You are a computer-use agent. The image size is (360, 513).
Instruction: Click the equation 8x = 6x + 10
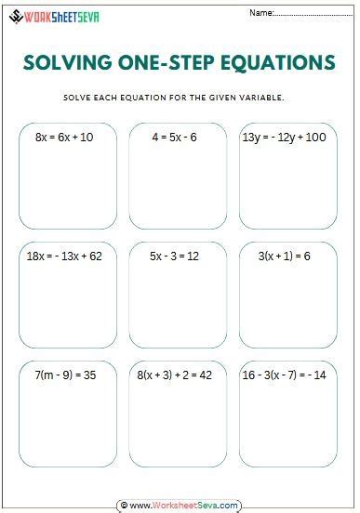pyautogui.click(x=64, y=138)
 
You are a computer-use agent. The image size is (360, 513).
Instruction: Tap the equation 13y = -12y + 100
pyautogui.click(x=284, y=138)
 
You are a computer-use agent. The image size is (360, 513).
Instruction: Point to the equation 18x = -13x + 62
pyautogui.click(x=64, y=256)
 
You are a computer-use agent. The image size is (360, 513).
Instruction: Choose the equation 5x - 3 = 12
pyautogui.click(x=175, y=256)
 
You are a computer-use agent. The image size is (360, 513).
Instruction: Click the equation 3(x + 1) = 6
pyautogui.click(x=284, y=256)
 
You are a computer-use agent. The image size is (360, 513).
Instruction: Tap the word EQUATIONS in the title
pyautogui.click(x=275, y=62)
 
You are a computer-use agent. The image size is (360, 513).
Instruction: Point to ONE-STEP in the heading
pyautogui.click(x=160, y=62)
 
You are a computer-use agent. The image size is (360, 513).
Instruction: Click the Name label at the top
pyautogui.click(x=261, y=13)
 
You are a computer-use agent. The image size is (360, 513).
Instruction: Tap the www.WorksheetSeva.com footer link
pyautogui.click(x=183, y=506)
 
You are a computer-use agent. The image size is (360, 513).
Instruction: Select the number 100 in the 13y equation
pyautogui.click(x=315, y=138)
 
